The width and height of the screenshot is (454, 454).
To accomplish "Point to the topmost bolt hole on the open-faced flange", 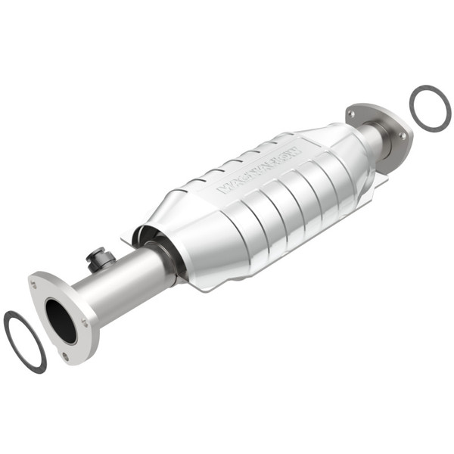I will pos(35,285).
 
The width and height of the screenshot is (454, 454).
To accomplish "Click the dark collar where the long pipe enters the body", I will pos(173,262).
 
